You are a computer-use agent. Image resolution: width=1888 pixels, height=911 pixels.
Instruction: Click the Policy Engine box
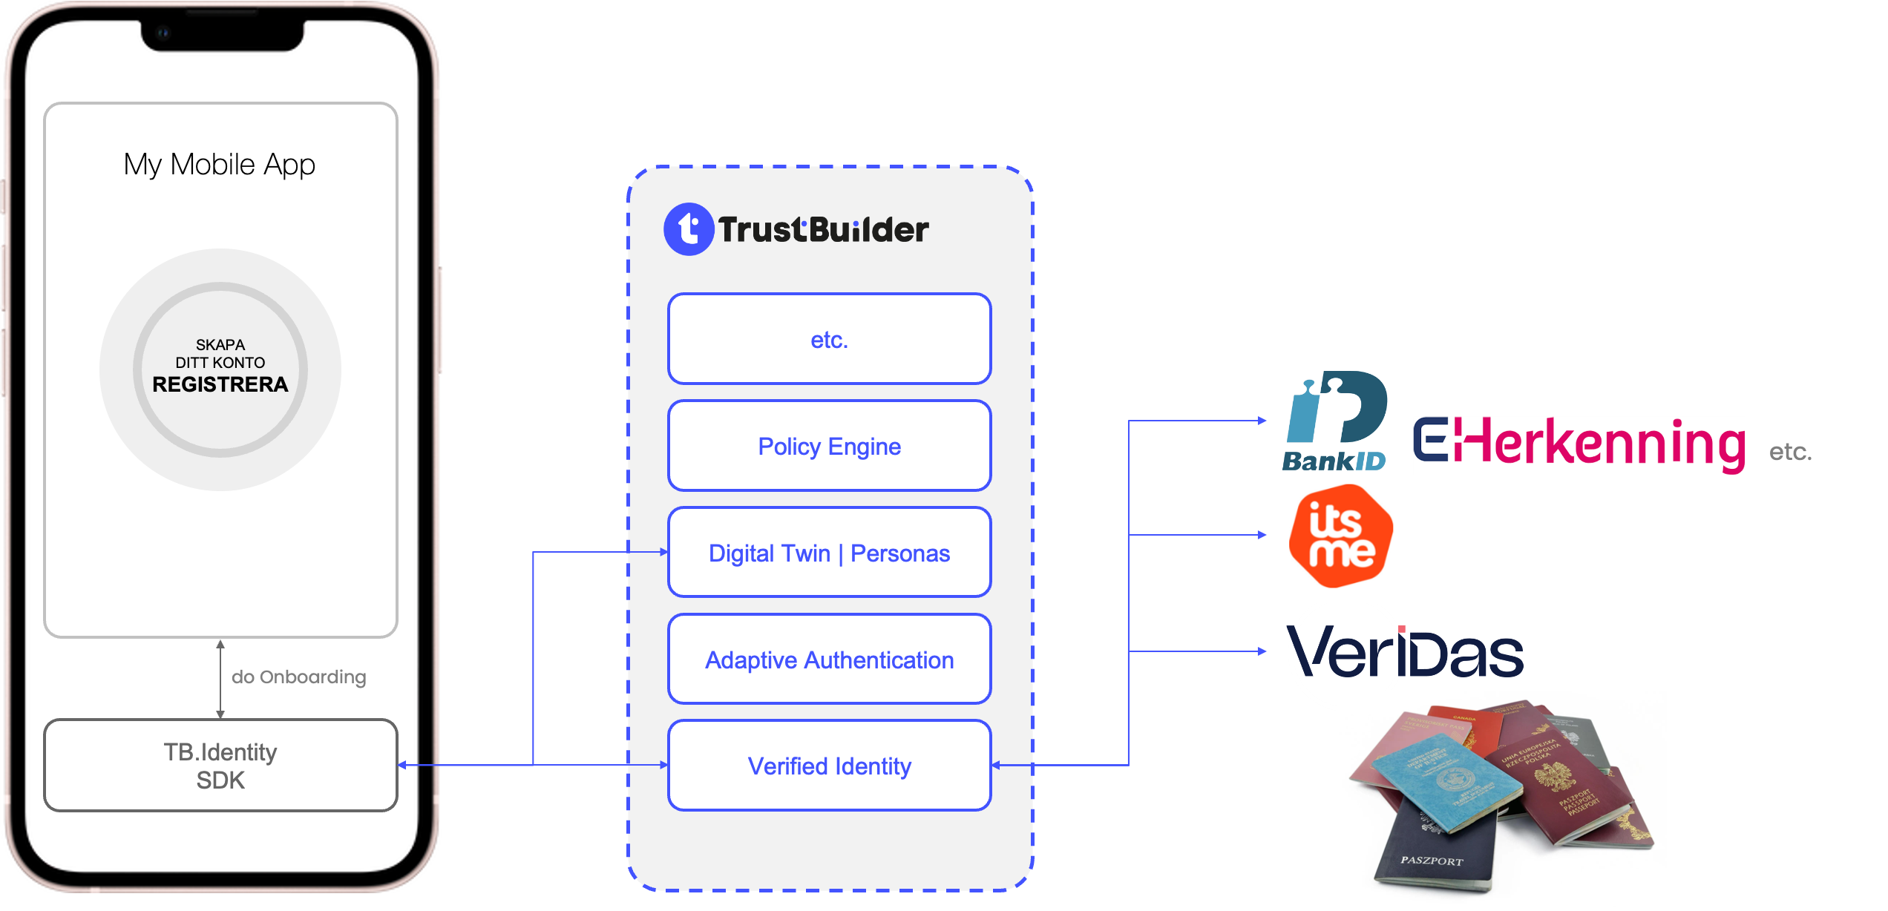[829, 446]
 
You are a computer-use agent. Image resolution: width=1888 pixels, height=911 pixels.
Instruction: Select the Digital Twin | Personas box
[829, 553]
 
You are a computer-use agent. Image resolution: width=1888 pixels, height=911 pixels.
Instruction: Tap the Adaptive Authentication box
[829, 660]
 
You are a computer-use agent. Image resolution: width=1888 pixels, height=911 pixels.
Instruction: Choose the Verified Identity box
[829, 766]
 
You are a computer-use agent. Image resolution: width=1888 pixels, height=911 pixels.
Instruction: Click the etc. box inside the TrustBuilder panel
[829, 340]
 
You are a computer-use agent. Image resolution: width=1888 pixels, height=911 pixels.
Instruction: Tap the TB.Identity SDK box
[220, 766]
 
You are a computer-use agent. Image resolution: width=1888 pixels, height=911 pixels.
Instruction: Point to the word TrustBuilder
[823, 230]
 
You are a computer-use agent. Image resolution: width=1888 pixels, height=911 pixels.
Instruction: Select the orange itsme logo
[1340, 536]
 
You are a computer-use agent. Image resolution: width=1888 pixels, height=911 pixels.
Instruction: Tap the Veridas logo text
[1405, 654]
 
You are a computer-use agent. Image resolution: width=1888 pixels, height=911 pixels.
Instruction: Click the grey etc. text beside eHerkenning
[1790, 451]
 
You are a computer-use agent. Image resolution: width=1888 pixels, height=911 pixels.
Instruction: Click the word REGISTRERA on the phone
[220, 384]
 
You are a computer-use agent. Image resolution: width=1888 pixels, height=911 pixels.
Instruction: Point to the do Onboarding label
[298, 677]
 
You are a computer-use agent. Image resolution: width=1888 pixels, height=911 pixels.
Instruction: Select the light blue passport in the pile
[1436, 779]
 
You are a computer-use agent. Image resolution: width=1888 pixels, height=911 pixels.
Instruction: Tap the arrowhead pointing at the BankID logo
[1262, 421]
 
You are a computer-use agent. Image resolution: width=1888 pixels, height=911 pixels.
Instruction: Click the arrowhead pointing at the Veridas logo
[1262, 651]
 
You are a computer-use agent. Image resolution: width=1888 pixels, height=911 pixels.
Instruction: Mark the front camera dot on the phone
[163, 33]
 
